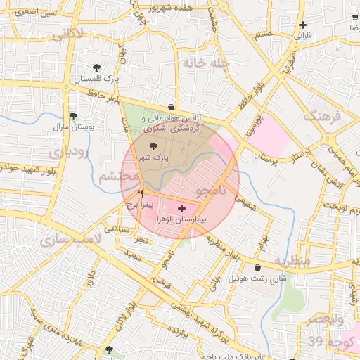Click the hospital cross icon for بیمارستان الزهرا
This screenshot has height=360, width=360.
pos(183,208)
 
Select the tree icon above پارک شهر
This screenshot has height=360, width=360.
pos(154,146)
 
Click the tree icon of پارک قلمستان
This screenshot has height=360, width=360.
pos(96,68)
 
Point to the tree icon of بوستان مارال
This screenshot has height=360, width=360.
pos(73,117)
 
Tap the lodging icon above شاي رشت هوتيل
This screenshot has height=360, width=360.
pos(258,268)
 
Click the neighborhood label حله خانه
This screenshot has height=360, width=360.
pos(206,63)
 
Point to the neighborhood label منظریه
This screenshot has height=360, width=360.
pos(292,261)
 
